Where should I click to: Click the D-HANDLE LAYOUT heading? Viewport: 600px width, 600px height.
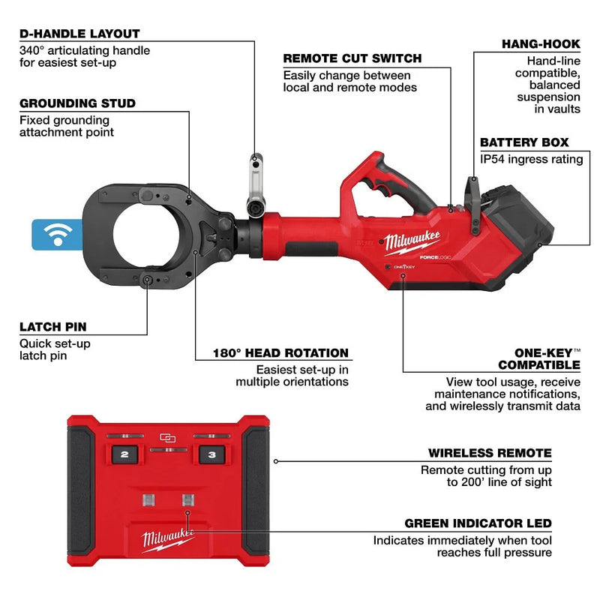[x=79, y=34]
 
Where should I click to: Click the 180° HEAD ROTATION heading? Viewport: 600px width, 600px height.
[x=271, y=353]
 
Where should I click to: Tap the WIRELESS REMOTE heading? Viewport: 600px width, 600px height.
[x=490, y=453]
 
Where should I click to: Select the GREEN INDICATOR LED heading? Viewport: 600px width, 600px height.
[x=478, y=523]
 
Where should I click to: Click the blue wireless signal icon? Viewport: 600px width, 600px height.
[x=52, y=234]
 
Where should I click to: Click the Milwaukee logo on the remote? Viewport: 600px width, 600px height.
[x=168, y=538]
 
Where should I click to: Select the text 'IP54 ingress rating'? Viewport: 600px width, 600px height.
[x=531, y=159]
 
